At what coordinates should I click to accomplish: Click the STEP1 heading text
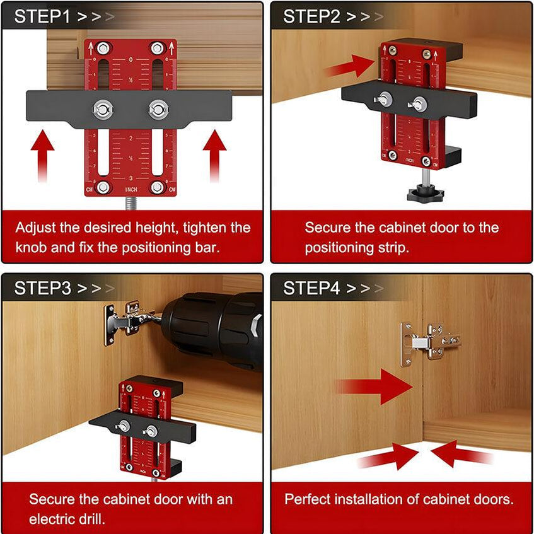(44, 17)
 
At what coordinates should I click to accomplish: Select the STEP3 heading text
(44, 289)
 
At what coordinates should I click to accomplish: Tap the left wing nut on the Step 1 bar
(103, 108)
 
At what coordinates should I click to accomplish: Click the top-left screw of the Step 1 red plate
(103, 49)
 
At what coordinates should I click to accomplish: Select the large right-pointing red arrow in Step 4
(375, 386)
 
